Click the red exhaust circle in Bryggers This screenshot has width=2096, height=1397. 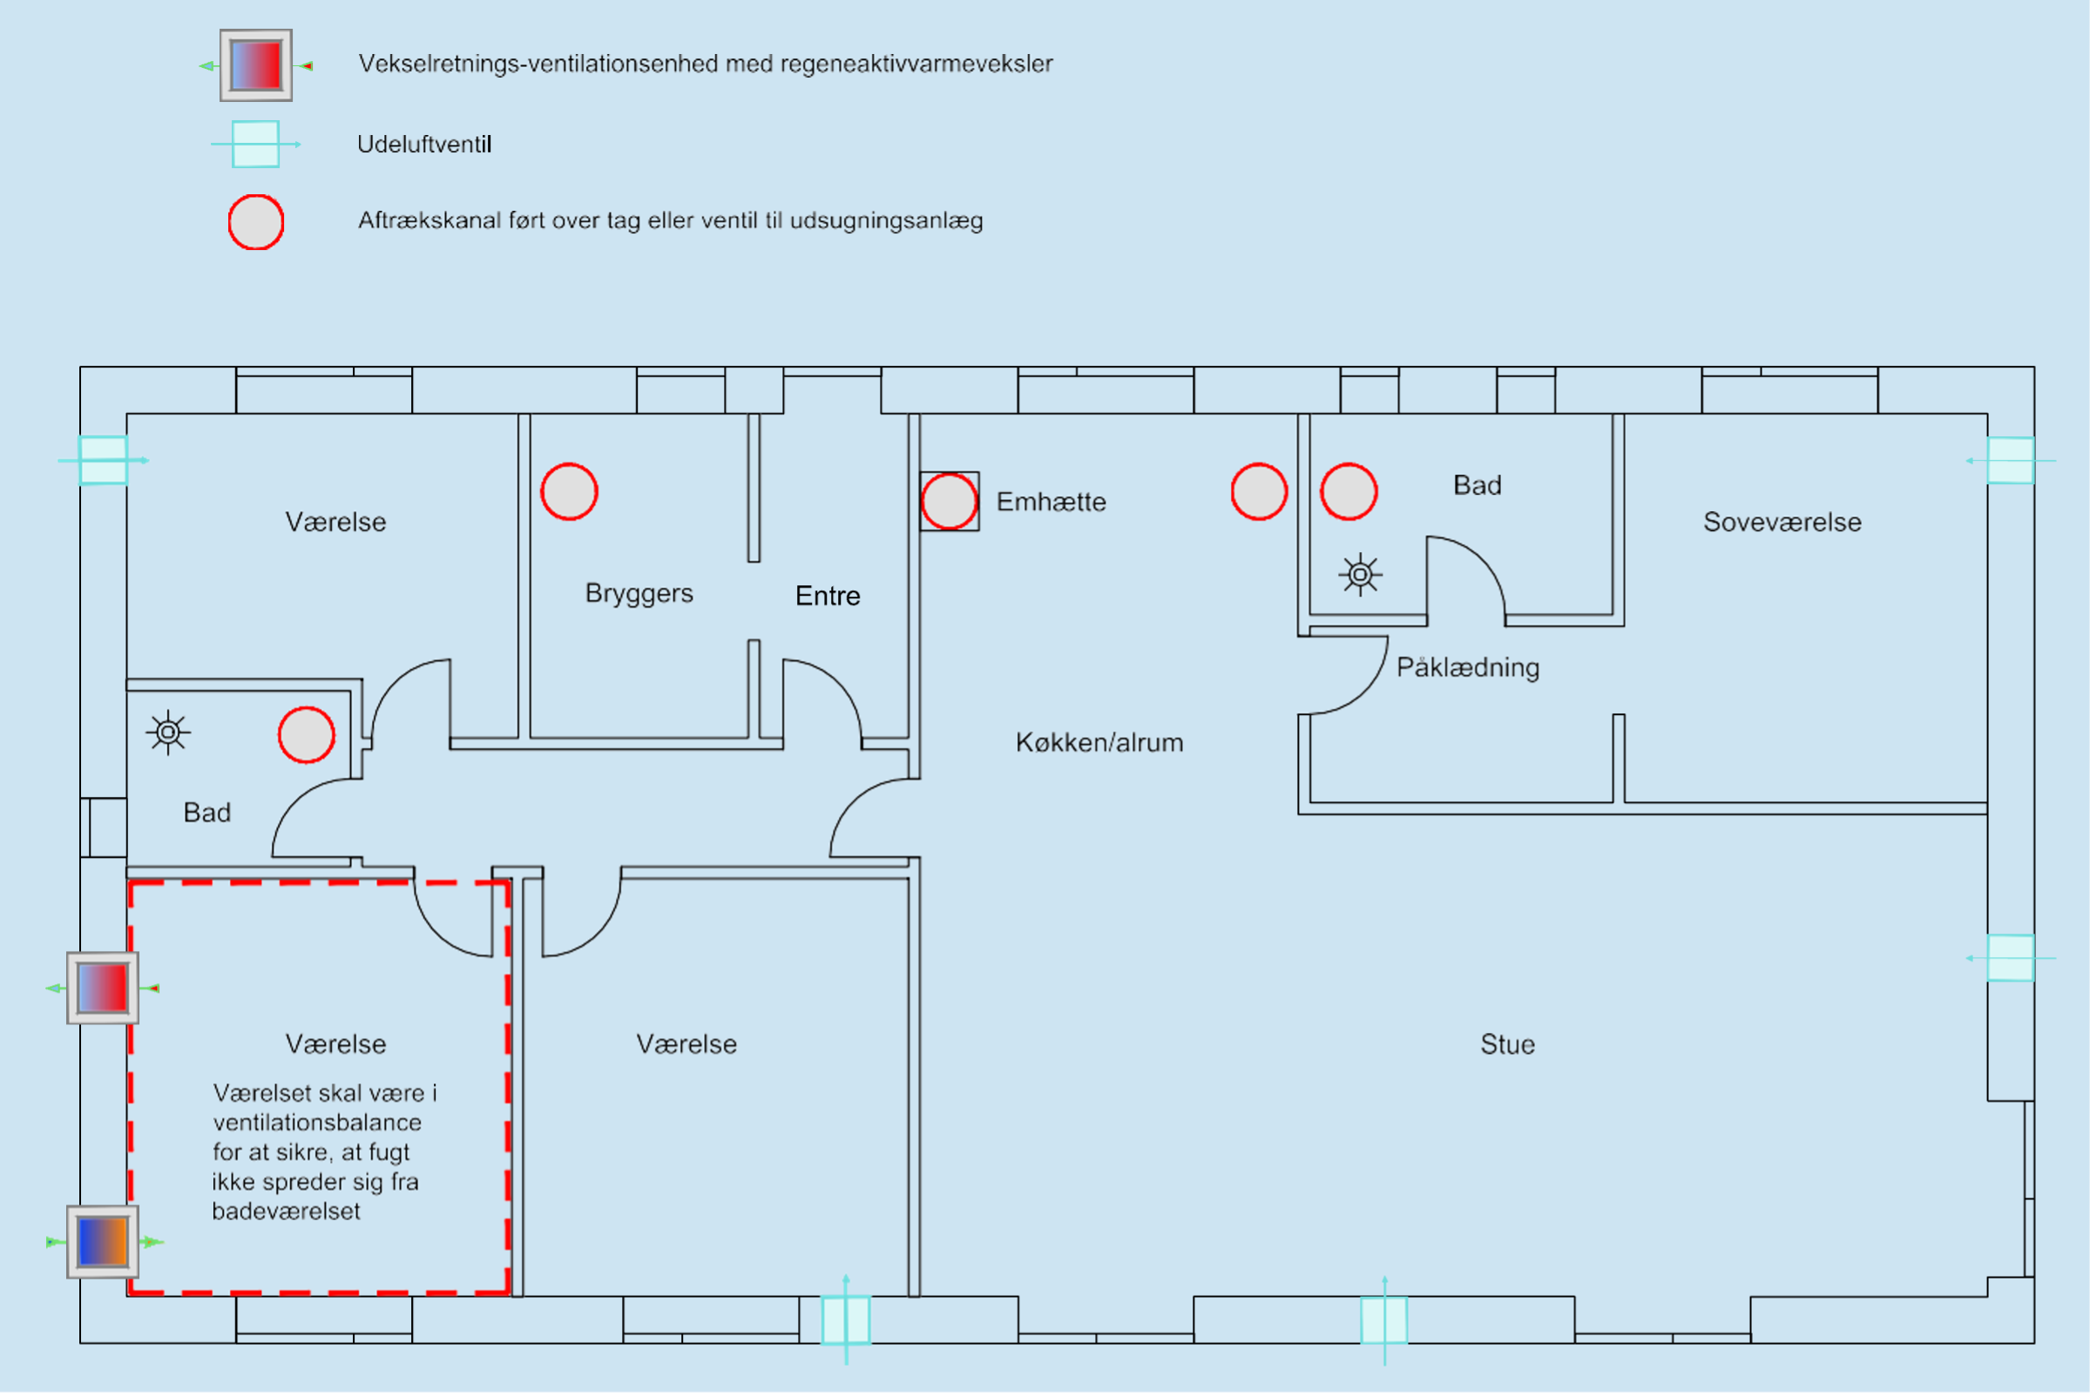point(569,492)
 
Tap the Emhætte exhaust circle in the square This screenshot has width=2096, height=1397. point(948,502)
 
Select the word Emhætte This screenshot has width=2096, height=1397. point(1051,502)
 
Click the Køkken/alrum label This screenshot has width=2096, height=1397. point(1099,742)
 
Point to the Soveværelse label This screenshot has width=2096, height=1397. point(1782,522)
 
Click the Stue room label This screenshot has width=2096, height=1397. point(1507,1044)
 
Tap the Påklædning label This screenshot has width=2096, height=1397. point(1467,667)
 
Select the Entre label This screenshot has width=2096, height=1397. point(827,595)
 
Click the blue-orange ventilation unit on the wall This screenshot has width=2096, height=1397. point(103,1242)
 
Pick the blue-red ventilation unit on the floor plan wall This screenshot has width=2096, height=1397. point(103,988)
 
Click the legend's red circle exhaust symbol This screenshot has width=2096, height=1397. point(256,222)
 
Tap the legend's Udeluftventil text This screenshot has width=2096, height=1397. point(424,145)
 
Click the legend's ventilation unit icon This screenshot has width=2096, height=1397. point(256,65)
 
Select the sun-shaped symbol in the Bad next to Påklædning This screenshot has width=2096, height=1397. point(1360,575)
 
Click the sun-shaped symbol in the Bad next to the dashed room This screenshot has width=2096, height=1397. point(167,732)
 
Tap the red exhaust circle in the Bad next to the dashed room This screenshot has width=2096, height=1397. point(306,735)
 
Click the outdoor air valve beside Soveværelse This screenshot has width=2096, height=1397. point(2011,461)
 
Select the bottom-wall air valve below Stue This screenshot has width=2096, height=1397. point(1384,1320)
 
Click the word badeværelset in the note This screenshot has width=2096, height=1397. point(286,1211)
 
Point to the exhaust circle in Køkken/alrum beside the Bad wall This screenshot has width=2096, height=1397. point(1258,492)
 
